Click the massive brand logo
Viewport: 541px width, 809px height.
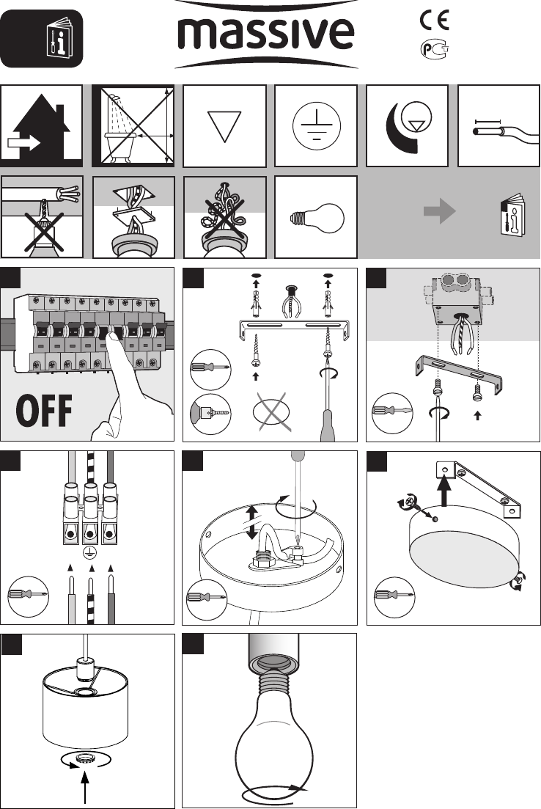click(x=265, y=34)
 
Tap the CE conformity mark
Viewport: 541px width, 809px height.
click(x=434, y=20)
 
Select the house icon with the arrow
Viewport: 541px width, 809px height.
click(x=41, y=126)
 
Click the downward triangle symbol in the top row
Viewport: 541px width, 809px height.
click(x=224, y=126)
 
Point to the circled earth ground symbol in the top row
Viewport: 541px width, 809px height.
click(x=316, y=126)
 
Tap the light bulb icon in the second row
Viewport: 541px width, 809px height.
click(x=316, y=216)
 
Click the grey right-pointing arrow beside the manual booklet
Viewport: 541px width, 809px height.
click(x=439, y=211)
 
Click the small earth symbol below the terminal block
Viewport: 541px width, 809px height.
click(x=89, y=553)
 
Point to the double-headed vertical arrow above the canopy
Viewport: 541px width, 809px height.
click(x=251, y=522)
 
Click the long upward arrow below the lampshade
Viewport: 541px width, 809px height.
click(x=84, y=784)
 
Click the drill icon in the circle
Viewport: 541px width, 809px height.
click(x=210, y=414)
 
